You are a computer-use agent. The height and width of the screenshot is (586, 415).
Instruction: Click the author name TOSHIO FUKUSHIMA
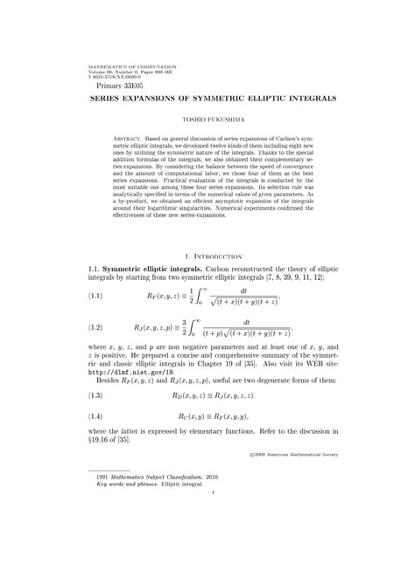(x=207, y=117)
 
